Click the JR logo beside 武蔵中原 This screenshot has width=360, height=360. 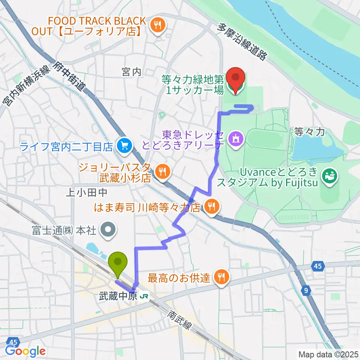(x=143, y=296)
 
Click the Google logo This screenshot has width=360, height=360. (x=25, y=351)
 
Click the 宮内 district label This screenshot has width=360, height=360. (x=131, y=72)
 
